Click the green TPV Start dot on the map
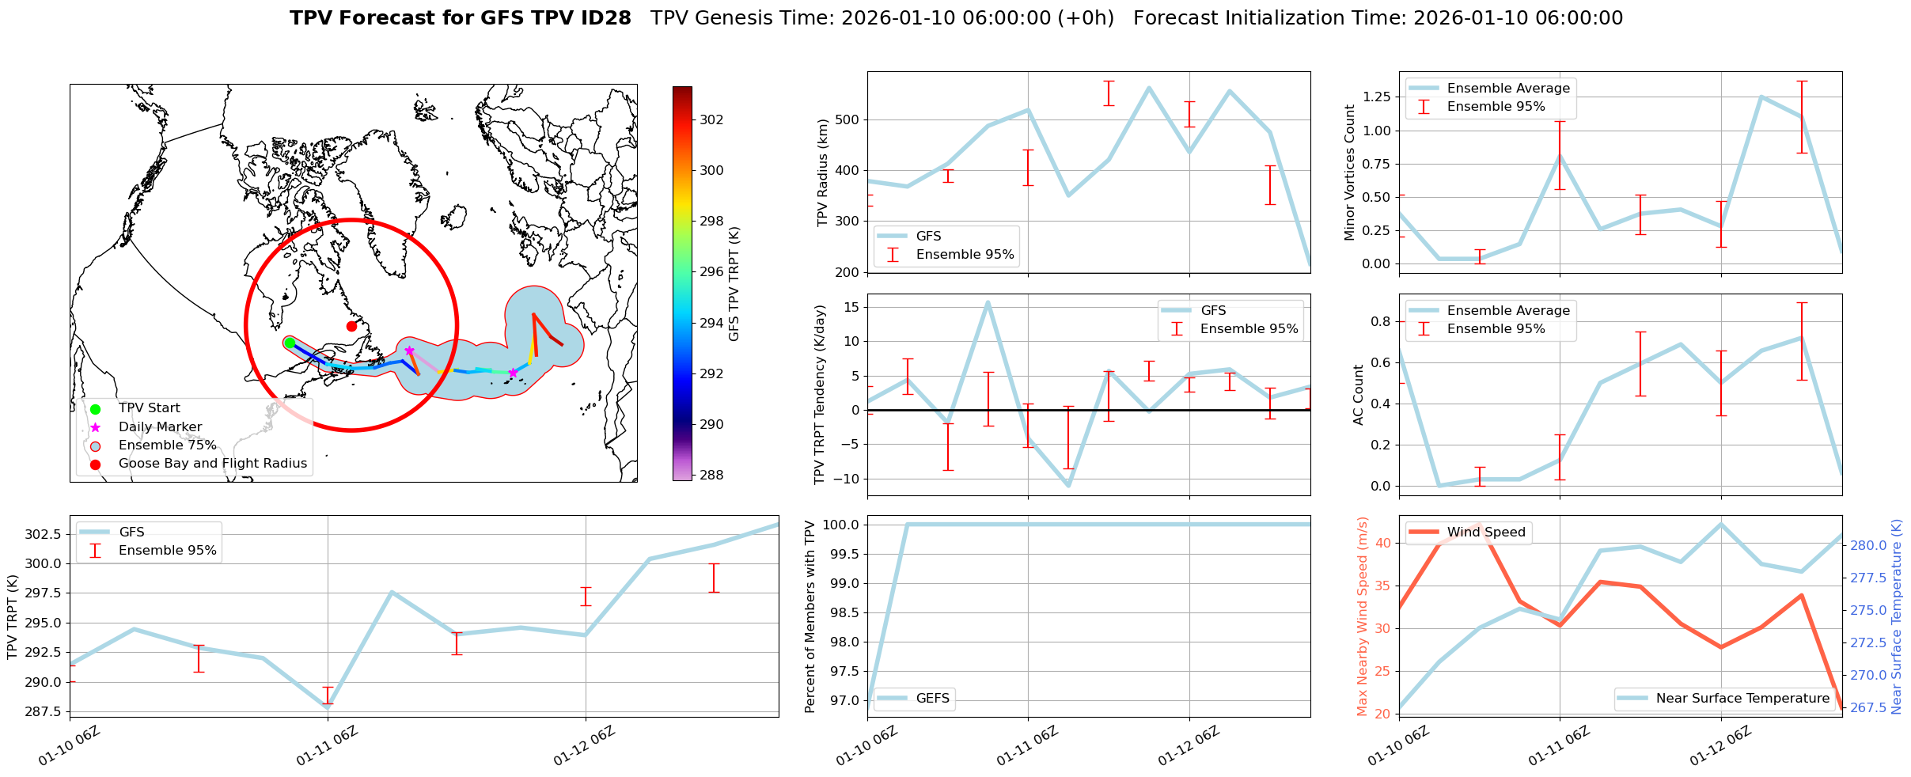tap(290, 343)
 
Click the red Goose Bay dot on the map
tap(351, 326)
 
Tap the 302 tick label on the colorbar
tap(711, 119)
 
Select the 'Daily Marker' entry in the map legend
tap(160, 426)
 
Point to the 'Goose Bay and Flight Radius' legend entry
tap(212, 464)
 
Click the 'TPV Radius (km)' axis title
tap(823, 172)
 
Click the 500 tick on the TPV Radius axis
tap(851, 120)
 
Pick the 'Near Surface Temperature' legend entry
tap(1742, 698)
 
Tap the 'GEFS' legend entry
tap(932, 698)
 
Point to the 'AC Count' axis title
tap(1359, 395)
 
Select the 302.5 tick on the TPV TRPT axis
tap(45, 535)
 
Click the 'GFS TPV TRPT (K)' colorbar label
tap(734, 284)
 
